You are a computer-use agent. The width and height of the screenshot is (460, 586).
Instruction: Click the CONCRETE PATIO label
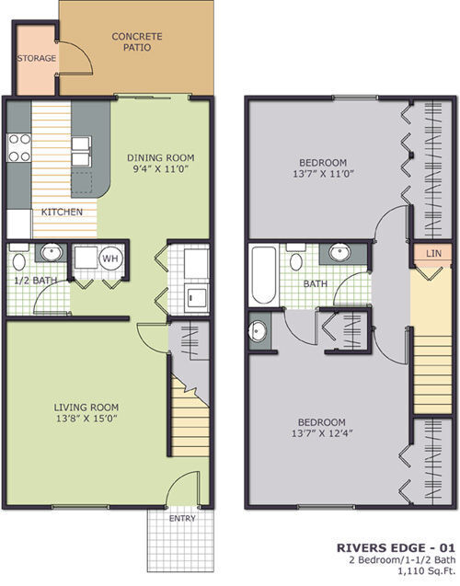pyautogui.click(x=137, y=43)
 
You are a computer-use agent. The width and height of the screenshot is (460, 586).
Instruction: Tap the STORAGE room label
pyautogui.click(x=36, y=59)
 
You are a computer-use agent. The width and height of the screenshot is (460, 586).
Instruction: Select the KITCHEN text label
pyautogui.click(x=63, y=213)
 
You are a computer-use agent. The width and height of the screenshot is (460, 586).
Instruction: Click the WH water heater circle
pyautogui.click(x=109, y=258)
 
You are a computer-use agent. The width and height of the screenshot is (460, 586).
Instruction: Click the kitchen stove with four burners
pyautogui.click(x=19, y=148)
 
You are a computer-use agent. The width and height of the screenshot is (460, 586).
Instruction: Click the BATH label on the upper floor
pyautogui.click(x=316, y=284)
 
